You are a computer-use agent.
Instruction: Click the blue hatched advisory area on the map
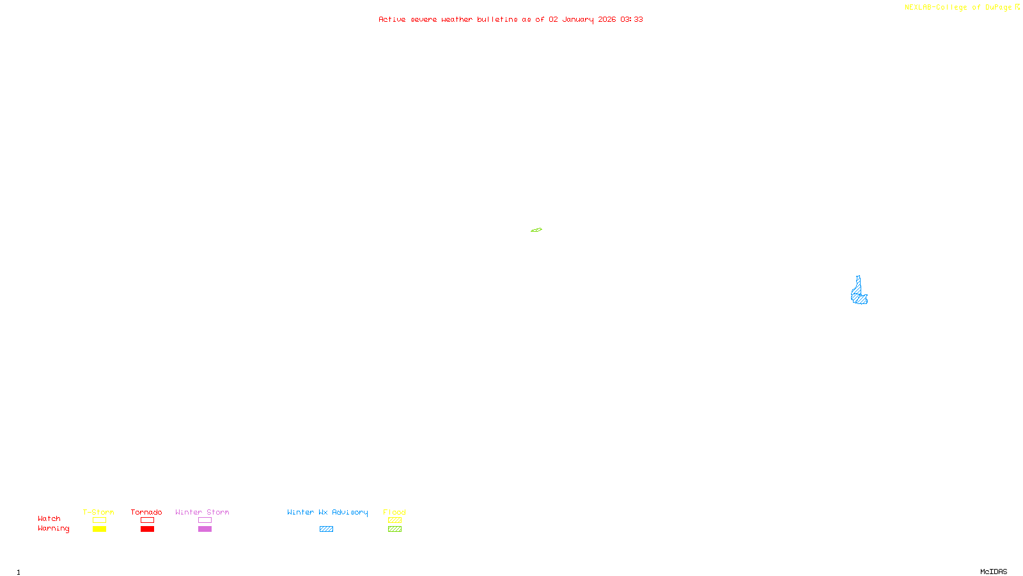860,295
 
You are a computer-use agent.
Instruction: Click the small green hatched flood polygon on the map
536,230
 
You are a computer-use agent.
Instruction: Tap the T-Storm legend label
98,512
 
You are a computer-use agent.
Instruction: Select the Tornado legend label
146,512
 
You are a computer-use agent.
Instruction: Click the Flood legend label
394,512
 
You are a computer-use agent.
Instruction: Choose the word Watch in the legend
49,518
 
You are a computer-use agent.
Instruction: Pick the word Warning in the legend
53,529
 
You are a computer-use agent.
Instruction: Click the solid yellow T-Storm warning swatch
99,529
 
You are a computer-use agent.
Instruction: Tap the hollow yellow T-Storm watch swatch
99,520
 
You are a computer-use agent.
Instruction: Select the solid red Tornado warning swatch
147,529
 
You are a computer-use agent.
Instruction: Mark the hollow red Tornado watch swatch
147,520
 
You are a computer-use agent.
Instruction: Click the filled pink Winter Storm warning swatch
205,529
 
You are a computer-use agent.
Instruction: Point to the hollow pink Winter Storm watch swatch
205,520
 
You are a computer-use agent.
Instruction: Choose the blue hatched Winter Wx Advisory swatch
326,529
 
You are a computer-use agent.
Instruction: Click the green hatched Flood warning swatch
394,529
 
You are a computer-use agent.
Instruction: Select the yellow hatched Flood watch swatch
394,520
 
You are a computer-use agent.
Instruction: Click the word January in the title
578,19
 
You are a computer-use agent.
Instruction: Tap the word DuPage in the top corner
998,7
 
